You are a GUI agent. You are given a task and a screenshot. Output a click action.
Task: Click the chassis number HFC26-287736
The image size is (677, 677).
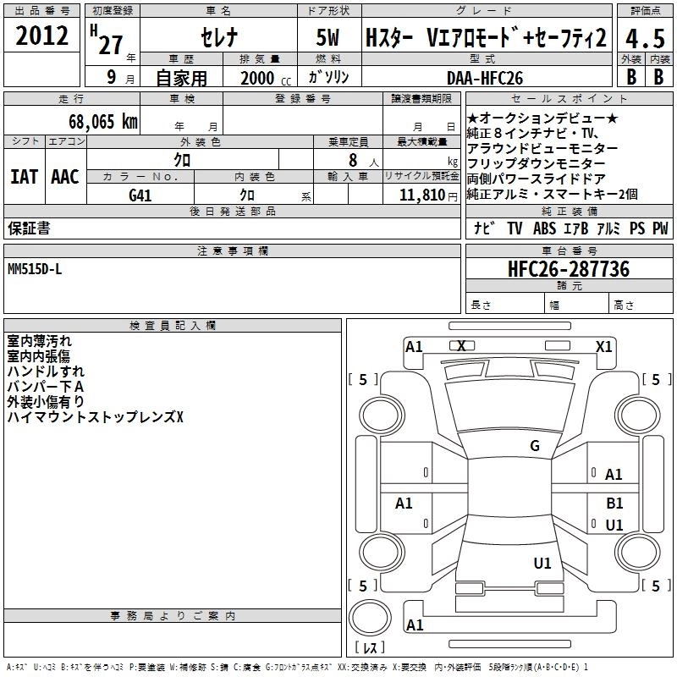coord(569,269)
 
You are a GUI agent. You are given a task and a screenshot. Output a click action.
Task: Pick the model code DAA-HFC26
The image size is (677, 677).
coord(485,78)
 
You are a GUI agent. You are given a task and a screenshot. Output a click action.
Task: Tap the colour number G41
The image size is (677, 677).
coord(140,195)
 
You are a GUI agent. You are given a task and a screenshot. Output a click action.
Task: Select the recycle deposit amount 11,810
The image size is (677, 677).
coord(420,195)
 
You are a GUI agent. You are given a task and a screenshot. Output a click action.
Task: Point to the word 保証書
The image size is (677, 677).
coord(29,228)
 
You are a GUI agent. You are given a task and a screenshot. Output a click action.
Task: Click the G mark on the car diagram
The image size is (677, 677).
coord(534,446)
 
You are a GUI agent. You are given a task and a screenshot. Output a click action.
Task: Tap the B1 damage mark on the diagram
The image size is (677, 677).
coord(614,503)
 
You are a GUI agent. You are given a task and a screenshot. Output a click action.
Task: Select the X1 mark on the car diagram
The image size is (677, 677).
coord(604,346)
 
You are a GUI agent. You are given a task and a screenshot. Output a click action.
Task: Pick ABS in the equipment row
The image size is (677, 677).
coord(545,228)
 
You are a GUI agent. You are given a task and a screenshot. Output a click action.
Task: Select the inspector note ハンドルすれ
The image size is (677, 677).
coord(46,371)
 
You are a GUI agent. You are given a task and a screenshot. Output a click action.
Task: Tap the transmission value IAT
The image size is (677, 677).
coord(25,177)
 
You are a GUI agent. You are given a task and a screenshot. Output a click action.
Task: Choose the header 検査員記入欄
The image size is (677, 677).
coord(173,325)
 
